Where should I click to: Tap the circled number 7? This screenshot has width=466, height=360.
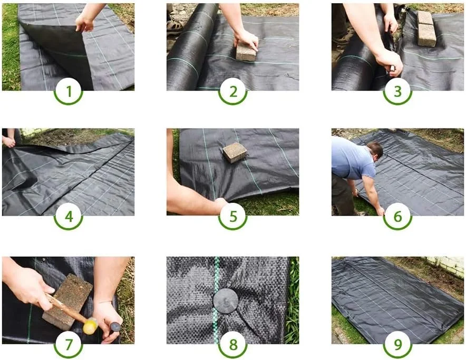[x=69, y=344]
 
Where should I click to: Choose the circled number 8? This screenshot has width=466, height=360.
[x=233, y=344]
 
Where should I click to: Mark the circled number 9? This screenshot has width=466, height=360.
[x=397, y=344]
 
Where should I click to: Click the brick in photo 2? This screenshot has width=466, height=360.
[x=246, y=52]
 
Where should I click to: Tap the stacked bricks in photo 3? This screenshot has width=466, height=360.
[x=426, y=28]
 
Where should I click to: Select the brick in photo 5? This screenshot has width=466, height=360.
[x=235, y=152]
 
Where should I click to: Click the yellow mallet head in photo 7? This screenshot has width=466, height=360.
[x=90, y=326]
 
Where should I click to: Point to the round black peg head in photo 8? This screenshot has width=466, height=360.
[x=226, y=301]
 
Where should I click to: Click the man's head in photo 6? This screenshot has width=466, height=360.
[x=375, y=151]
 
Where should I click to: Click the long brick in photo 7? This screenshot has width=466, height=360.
[x=67, y=301]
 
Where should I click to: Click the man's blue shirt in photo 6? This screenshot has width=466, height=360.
[x=352, y=158]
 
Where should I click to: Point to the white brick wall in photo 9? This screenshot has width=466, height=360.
[x=445, y=265]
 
